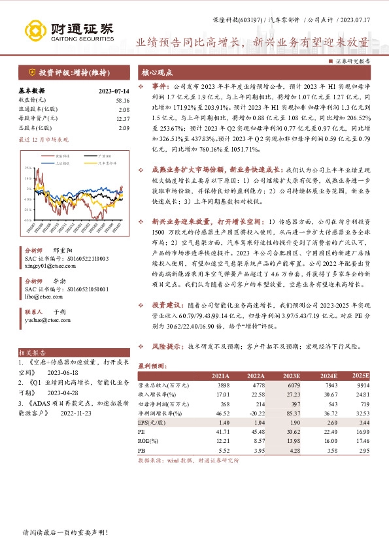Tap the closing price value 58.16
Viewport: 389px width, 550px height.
coord(122,100)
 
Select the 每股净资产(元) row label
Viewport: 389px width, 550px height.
coord(39,118)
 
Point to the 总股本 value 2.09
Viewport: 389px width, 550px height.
coord(124,127)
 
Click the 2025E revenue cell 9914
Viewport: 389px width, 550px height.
coord(362,385)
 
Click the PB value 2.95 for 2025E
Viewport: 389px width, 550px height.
coord(364,450)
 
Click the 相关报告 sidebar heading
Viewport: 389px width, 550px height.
coord(31,351)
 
